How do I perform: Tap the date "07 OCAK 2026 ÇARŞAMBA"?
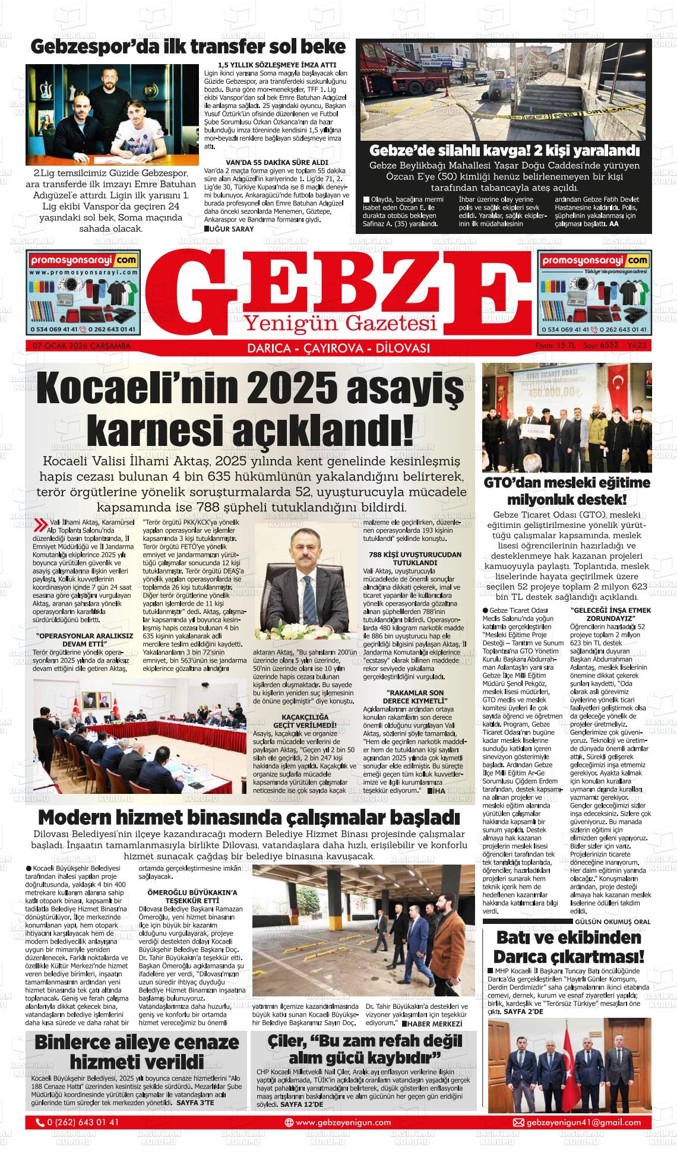click(x=78, y=347)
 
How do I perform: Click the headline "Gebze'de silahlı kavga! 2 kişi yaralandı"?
click(x=504, y=150)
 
